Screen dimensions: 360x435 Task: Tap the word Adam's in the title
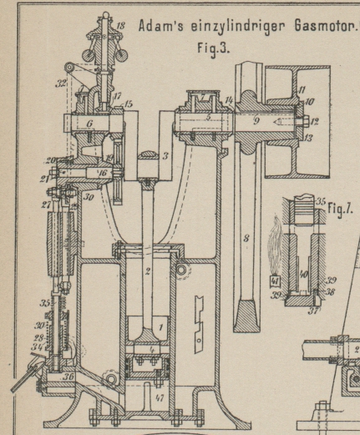161,27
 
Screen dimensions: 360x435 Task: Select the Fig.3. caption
214,48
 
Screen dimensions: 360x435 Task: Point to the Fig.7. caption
340,208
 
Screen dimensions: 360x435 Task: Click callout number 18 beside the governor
120,26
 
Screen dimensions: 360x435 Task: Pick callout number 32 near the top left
60,83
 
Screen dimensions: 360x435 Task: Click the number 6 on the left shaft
89,124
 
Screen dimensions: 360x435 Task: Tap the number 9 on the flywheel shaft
256,120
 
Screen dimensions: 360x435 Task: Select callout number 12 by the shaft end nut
315,122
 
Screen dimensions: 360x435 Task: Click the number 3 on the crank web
165,156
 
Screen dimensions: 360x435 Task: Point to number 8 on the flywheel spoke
246,239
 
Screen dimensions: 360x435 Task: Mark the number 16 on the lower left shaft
103,173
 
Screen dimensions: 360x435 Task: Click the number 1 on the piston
161,327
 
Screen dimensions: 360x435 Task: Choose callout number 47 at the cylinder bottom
160,398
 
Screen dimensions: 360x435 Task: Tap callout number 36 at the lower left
68,377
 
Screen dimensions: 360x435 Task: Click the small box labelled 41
275,281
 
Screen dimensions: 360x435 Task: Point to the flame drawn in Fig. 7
274,245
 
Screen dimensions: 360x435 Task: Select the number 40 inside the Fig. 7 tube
303,275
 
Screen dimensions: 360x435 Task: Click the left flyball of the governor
89,55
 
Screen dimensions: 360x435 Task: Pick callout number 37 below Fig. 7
313,311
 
